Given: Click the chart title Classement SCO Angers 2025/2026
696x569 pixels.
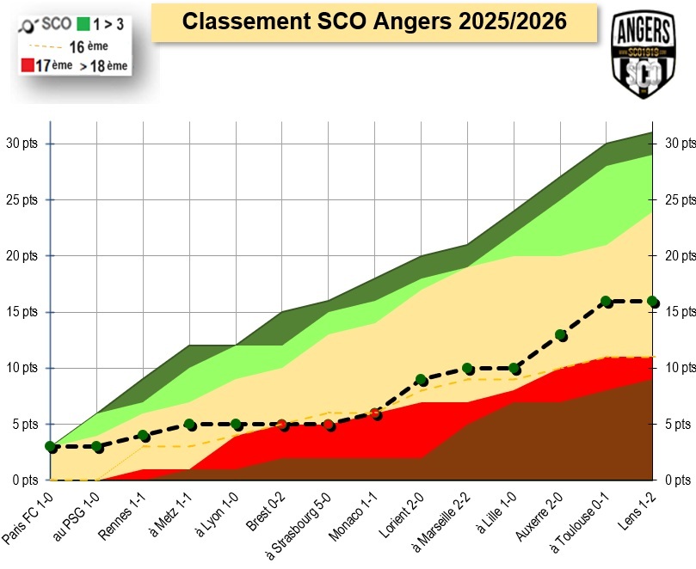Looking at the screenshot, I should point(374,21).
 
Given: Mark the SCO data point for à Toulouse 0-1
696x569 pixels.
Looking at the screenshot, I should point(606,302).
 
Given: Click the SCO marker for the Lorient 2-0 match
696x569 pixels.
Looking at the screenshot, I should point(421,380).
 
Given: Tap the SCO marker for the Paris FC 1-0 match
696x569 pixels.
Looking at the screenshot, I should point(51,447).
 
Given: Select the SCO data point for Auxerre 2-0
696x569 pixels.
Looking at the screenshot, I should point(560,335).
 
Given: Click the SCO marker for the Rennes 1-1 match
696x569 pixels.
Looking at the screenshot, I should point(143,436).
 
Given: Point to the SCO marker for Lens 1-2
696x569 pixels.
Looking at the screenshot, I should point(652,302).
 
